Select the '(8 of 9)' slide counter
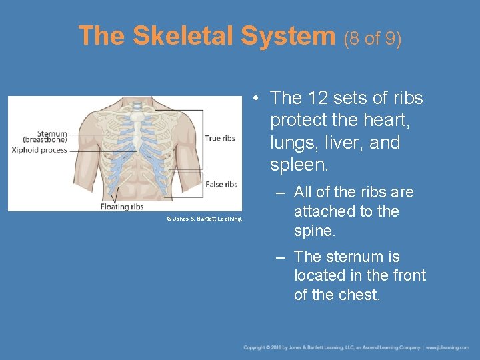tap(373, 39)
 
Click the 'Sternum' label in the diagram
tap(52, 133)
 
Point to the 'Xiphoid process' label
tap(39, 150)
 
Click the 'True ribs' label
tap(220, 139)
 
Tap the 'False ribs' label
tap(221, 184)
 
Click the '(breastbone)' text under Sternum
tap(45, 141)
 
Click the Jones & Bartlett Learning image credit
tap(204, 219)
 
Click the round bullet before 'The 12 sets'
tap(257, 99)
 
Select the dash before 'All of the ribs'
tap(280, 193)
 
